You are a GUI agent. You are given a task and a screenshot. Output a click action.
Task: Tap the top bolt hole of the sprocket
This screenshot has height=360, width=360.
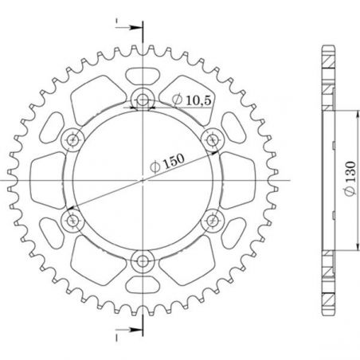143,100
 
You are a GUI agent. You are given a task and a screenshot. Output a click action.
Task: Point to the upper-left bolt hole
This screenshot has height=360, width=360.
74,139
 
